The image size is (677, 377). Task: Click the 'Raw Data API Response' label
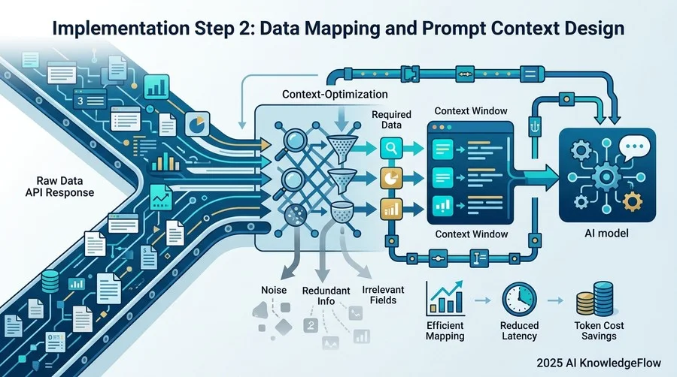click(x=59, y=186)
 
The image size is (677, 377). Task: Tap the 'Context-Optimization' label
click(x=335, y=95)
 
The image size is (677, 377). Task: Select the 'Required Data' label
click(x=391, y=119)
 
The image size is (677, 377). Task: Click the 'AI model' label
click(x=606, y=234)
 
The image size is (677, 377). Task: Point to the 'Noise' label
click(x=274, y=290)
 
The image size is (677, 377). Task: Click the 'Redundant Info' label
click(x=326, y=296)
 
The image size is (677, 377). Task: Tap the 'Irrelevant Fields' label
click(x=383, y=294)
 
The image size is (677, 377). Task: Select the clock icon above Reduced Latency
click(x=519, y=300)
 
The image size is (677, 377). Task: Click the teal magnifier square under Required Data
click(x=391, y=148)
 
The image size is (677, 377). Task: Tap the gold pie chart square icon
click(x=391, y=178)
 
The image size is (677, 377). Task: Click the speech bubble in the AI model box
click(x=634, y=147)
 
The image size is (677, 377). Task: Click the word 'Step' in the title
click(x=211, y=29)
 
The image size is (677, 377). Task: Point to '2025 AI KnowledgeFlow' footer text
click(x=599, y=363)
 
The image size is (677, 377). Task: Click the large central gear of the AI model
click(x=606, y=176)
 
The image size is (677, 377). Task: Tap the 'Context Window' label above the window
click(x=471, y=110)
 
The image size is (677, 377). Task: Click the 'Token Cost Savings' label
click(x=599, y=331)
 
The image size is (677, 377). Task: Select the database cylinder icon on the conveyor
click(x=50, y=282)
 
